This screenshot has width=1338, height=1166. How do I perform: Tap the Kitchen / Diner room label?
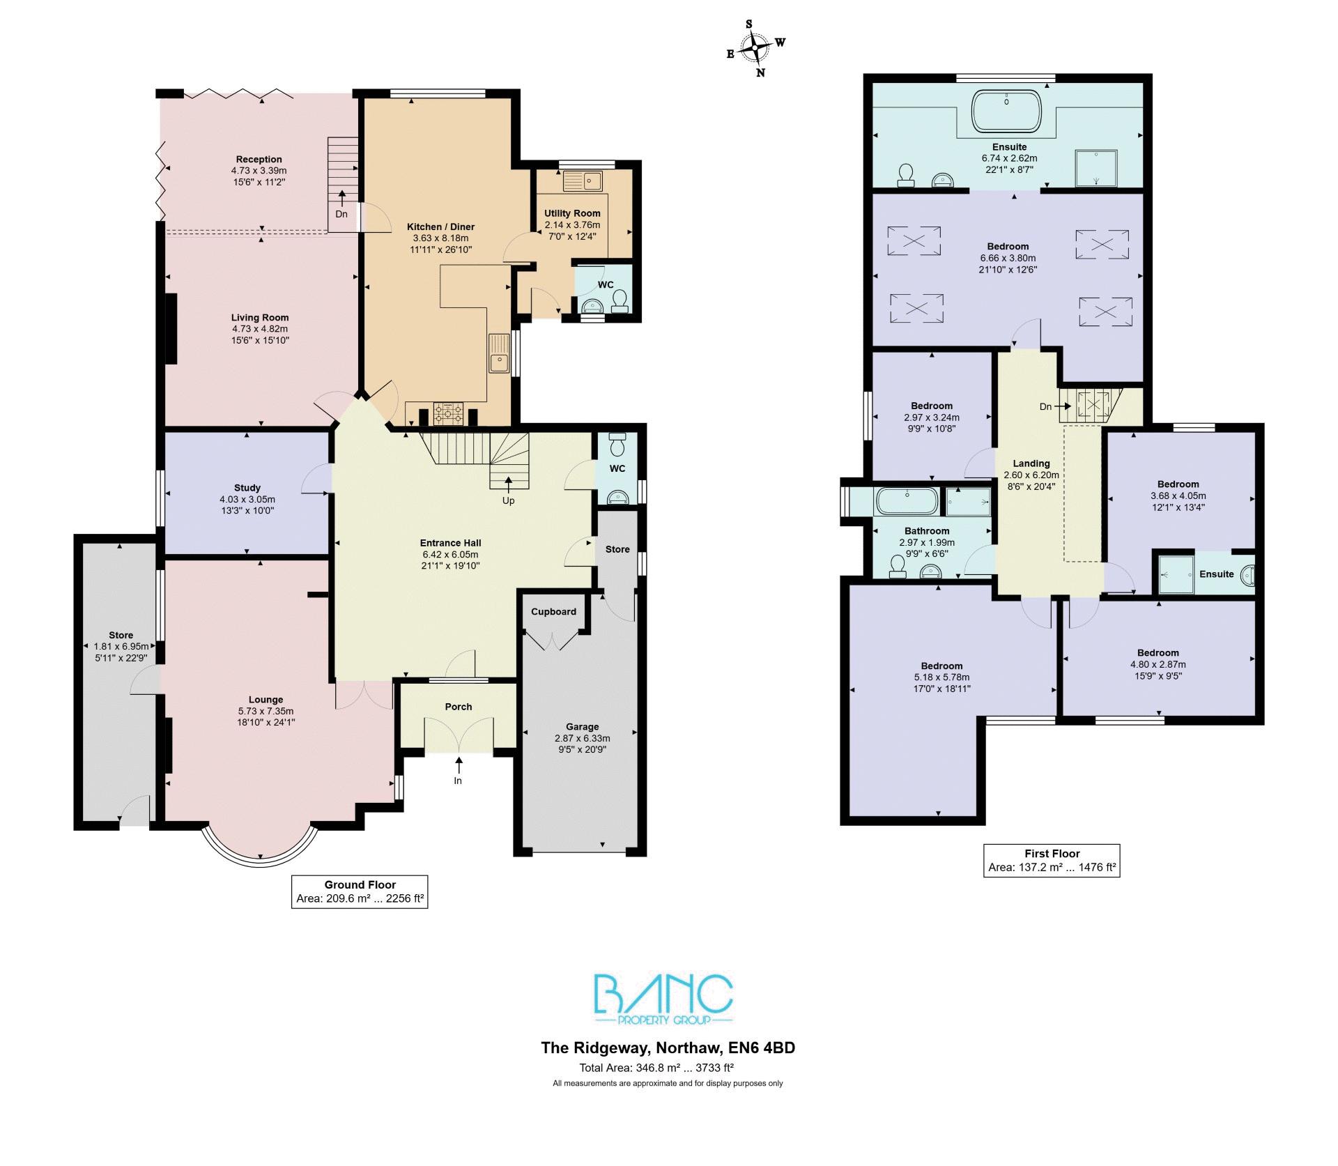[x=440, y=227]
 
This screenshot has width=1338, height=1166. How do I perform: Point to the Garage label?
[x=582, y=727]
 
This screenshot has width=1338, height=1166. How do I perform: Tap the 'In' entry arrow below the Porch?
[x=458, y=765]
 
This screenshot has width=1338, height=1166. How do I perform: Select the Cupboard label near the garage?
[x=553, y=612]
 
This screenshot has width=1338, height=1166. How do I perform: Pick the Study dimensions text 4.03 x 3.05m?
[x=247, y=499]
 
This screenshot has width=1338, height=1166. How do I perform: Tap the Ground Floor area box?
[x=360, y=891]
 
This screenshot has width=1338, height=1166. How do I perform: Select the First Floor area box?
[x=1052, y=860]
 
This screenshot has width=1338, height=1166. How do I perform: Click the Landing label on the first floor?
[x=1031, y=463]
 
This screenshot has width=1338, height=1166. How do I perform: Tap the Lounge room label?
[x=266, y=700]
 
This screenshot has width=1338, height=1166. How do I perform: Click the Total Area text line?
[x=656, y=1068]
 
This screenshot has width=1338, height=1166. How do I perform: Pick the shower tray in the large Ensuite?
[x=1096, y=168]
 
